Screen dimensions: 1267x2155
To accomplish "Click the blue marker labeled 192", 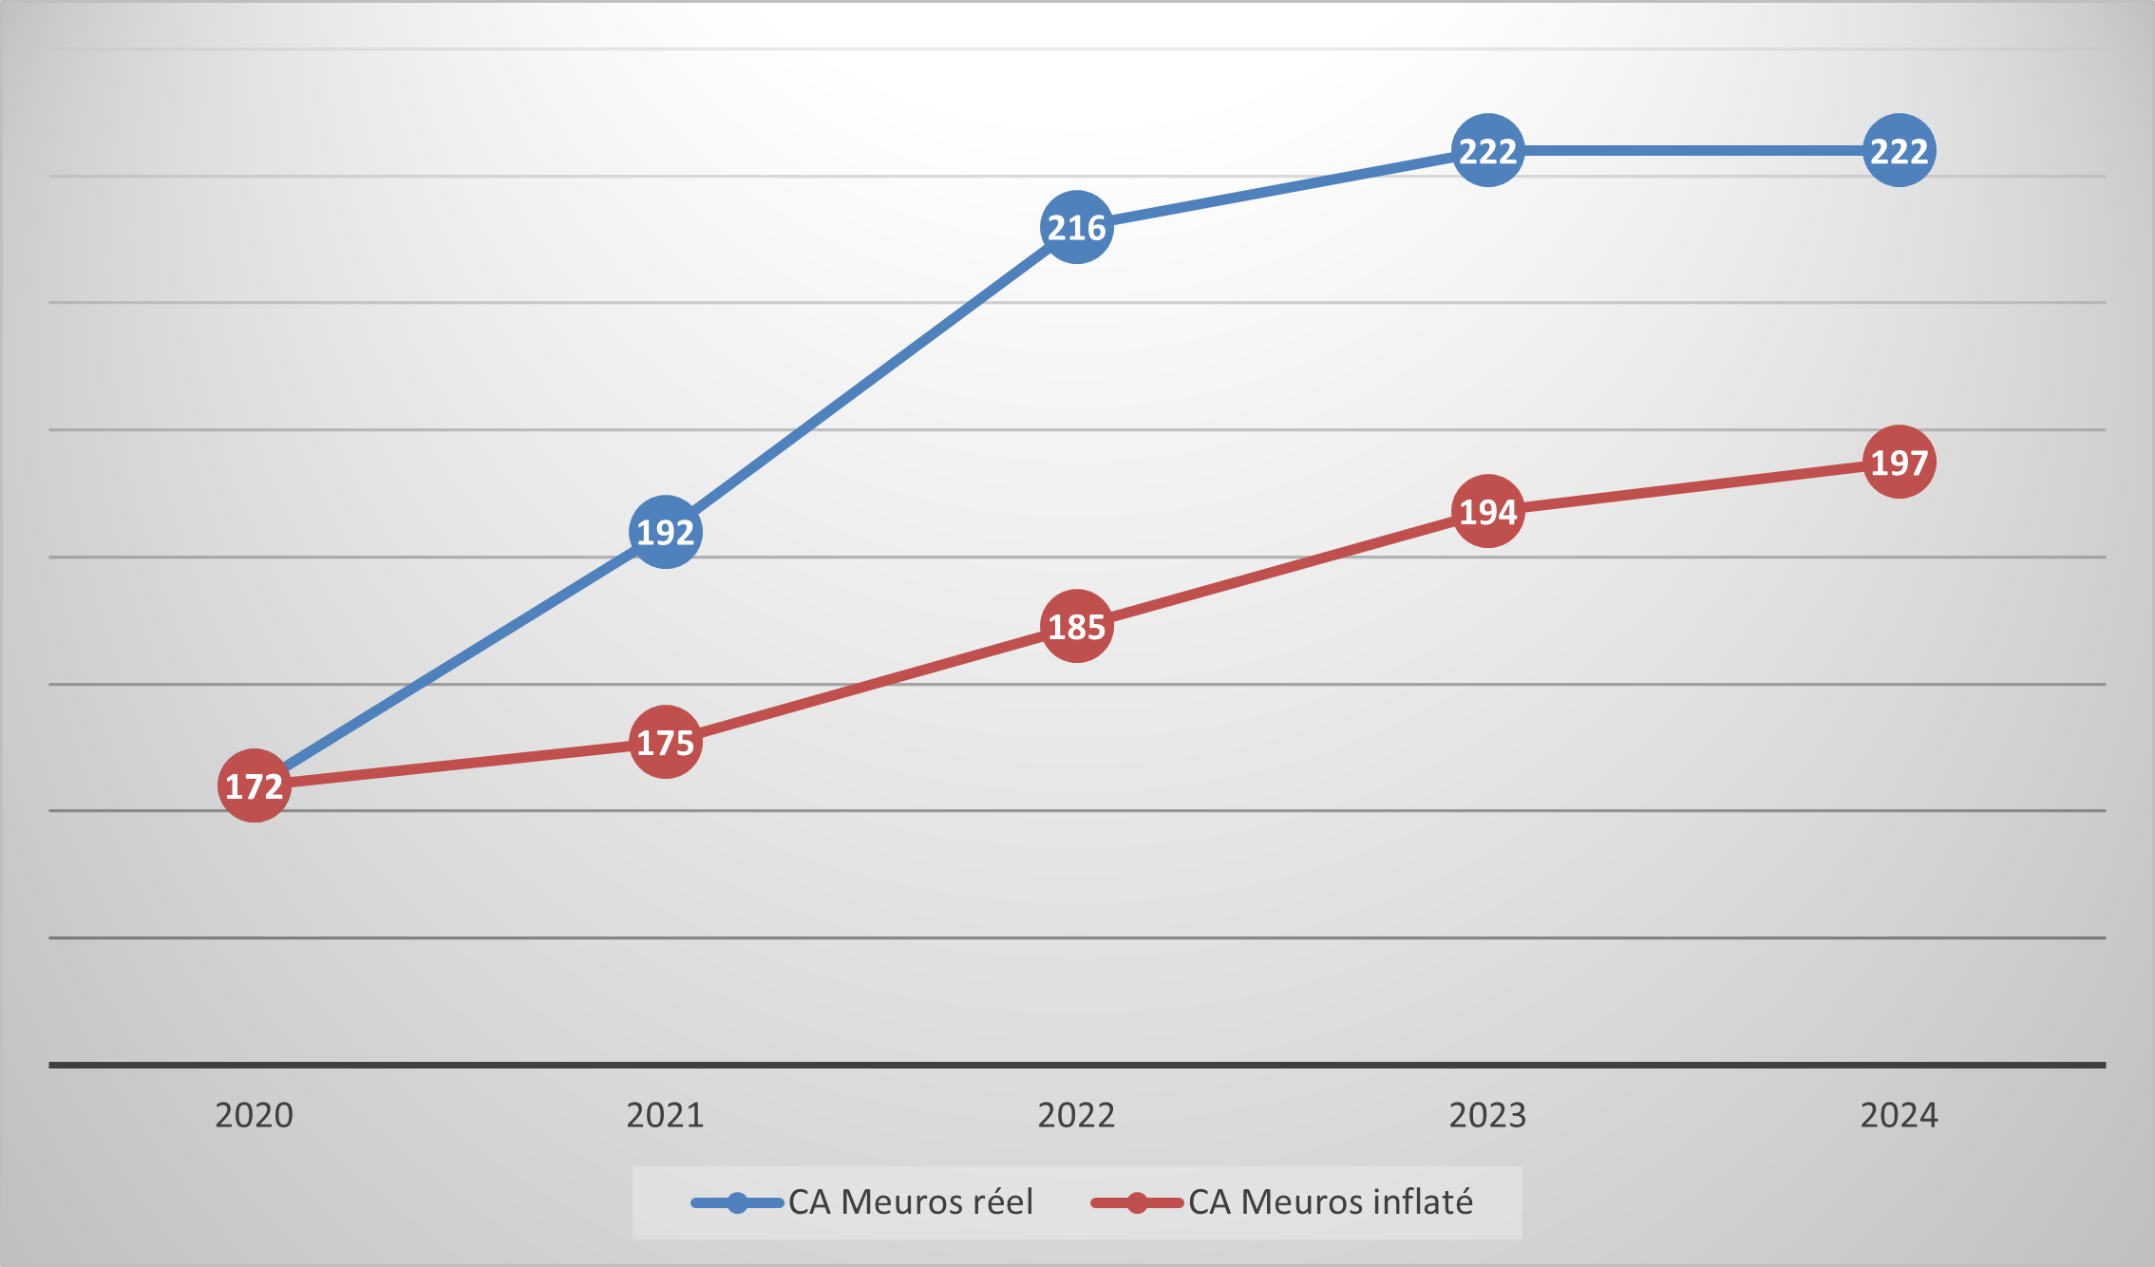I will [665, 532].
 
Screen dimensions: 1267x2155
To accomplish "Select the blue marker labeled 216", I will [1076, 227].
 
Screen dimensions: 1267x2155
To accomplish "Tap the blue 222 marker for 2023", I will [1487, 150].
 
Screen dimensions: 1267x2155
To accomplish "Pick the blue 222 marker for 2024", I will [1899, 150].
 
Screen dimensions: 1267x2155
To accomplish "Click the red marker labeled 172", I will [254, 785].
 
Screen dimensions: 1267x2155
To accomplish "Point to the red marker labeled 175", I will [665, 742].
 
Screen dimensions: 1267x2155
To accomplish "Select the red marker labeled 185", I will [1076, 626].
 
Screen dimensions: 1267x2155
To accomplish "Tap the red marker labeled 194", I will [1487, 511].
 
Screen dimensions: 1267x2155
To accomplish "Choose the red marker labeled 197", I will [1899, 462].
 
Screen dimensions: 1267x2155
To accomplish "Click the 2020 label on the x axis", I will [254, 1115].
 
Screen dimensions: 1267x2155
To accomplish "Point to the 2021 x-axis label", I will [665, 1115].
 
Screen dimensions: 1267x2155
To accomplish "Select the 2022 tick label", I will [1076, 1115].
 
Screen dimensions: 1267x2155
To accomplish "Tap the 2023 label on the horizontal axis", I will [1487, 1115].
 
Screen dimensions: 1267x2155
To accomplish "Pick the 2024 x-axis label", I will [1899, 1115].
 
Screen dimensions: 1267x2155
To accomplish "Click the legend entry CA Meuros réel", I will [909, 1202].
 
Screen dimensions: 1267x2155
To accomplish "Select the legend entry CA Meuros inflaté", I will [1330, 1202].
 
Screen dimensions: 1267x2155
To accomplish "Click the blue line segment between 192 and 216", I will [871, 380].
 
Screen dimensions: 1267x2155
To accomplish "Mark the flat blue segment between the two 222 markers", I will [1693, 150].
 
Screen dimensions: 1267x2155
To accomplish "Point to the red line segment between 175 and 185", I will [871, 684].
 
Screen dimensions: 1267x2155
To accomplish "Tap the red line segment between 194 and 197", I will [1693, 486].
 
